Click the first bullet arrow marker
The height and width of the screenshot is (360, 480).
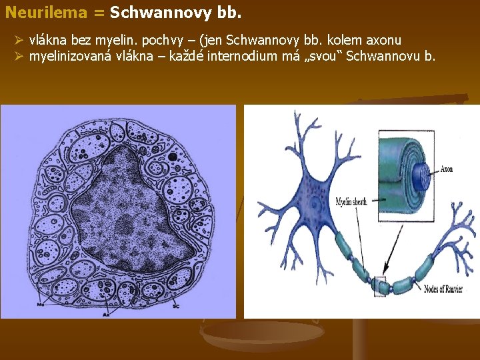tap(19, 41)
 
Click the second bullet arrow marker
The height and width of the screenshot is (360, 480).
tap(19, 56)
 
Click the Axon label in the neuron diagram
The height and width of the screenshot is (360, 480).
tap(446, 169)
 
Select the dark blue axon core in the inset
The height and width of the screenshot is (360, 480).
tap(421, 173)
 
